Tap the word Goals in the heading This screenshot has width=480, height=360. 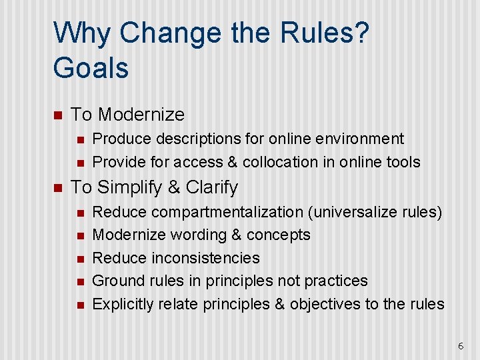[91, 68]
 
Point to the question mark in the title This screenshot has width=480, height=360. [361, 33]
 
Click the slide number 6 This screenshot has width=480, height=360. [460, 346]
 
